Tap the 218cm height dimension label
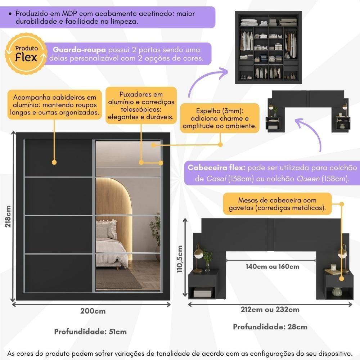(x=8, y=216)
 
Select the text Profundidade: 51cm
(x=90, y=332)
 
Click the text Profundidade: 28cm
(x=270, y=327)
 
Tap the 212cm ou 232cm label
(x=270, y=310)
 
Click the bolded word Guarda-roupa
(x=79, y=50)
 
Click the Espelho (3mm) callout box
(x=220, y=118)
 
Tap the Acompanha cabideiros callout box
(x=54, y=105)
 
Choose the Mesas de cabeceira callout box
(x=277, y=204)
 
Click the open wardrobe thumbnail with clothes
(x=268, y=47)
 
